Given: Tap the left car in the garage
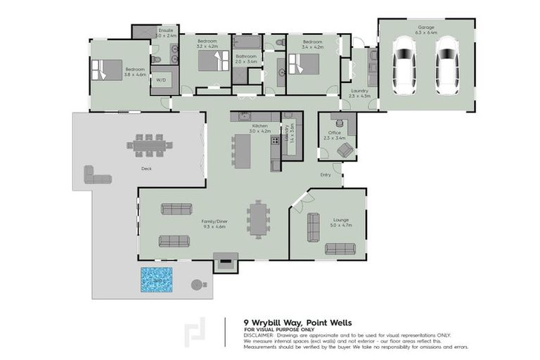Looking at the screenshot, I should coord(404,63).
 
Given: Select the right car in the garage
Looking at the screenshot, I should coord(446,63).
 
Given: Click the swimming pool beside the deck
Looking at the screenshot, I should coord(157,280).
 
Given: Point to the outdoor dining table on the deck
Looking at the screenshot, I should coord(150,146).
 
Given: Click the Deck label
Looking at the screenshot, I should coord(146,169).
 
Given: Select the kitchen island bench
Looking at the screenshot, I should coord(243,150).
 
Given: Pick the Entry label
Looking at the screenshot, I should coord(325,174).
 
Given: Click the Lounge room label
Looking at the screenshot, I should coord(340,221).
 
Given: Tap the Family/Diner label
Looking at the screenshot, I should coord(213,223).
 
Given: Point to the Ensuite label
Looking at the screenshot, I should coord(166,32).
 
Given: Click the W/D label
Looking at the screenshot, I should coord(161,80).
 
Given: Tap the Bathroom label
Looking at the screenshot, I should coord(246,58).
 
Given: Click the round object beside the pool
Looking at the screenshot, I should coord(196,285).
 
